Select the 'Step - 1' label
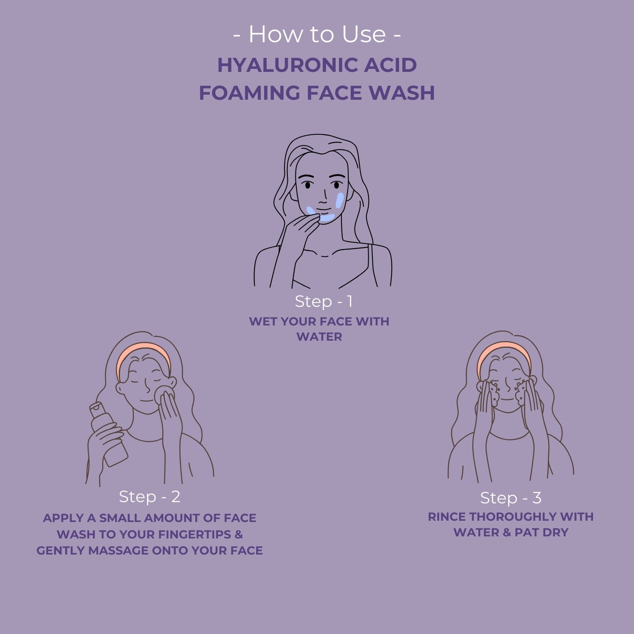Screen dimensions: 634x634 pyautogui.click(x=323, y=301)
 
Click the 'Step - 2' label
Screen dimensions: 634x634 pyautogui.click(x=150, y=497)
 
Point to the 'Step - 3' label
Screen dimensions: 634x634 pyautogui.click(x=511, y=498)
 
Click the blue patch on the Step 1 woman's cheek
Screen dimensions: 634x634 pyautogui.click(x=339, y=200)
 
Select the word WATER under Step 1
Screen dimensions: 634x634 pyautogui.click(x=319, y=337)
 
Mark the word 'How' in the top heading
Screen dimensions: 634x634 pyautogui.click(x=270, y=34)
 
